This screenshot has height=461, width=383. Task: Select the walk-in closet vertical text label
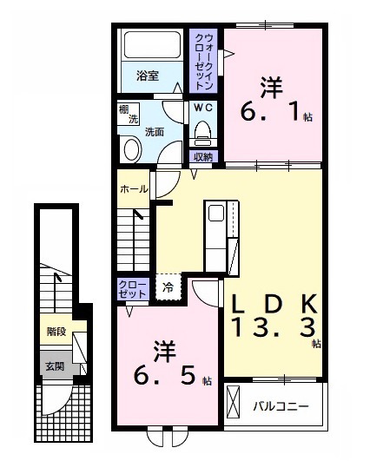pyautogui.click(x=205, y=60)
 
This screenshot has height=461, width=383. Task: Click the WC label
pyautogui.click(x=203, y=108)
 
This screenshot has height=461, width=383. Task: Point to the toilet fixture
pyautogui.click(x=203, y=132)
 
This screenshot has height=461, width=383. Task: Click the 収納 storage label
pyautogui.click(x=203, y=156)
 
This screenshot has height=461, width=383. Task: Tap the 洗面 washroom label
pyautogui.click(x=155, y=132)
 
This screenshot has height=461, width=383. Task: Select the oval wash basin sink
pyautogui.click(x=132, y=149)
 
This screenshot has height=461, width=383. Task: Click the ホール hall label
pyautogui.click(x=133, y=188)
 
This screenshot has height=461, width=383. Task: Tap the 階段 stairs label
pyautogui.click(x=56, y=330)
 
